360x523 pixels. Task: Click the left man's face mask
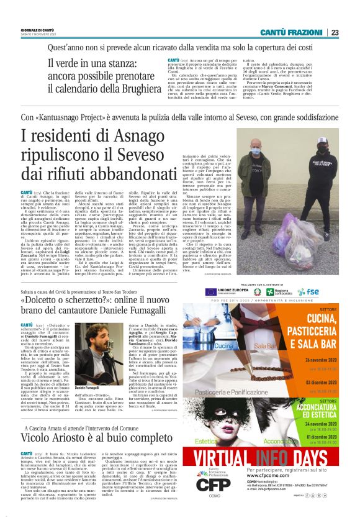pyautogui.click(x=272, y=149)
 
